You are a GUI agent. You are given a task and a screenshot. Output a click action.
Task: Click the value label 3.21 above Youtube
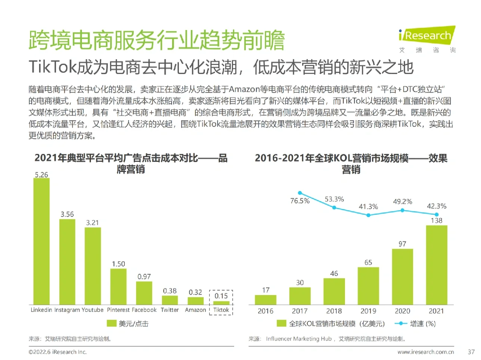(92, 223)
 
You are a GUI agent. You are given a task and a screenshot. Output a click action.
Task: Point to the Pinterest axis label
(118, 310)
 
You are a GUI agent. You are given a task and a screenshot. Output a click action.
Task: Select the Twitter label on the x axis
(170, 310)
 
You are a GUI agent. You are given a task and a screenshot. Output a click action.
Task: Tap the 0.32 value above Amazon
(195, 292)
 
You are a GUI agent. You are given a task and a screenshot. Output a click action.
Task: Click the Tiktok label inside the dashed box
(221, 310)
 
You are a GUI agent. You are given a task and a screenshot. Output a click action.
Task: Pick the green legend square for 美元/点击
(112, 324)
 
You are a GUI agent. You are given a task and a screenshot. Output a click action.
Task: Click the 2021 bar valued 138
(436, 265)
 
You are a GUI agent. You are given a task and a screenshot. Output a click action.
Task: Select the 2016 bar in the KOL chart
(265, 300)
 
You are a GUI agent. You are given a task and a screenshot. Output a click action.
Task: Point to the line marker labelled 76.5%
(300, 193)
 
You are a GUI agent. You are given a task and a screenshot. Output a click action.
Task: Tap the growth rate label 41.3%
(368, 207)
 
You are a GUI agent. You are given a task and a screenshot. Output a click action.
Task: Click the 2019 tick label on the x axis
(368, 311)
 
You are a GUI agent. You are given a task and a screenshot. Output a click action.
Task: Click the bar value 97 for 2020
(402, 244)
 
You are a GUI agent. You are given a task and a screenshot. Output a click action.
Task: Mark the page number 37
(471, 352)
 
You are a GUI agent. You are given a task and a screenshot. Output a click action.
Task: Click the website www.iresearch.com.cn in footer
(426, 352)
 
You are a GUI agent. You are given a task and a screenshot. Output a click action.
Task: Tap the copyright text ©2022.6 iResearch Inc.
(57, 352)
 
